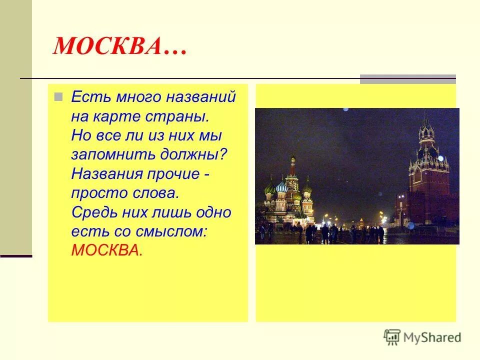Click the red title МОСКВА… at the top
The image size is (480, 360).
pyautogui.click(x=120, y=47)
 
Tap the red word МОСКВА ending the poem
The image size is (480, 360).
pyautogui.click(x=106, y=250)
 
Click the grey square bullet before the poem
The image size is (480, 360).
pyautogui.click(x=58, y=96)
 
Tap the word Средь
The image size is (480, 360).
pyautogui.click(x=90, y=212)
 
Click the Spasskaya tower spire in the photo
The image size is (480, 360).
pyautogui.click(x=426, y=122)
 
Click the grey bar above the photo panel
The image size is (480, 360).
pyautogui.click(x=407, y=78)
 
